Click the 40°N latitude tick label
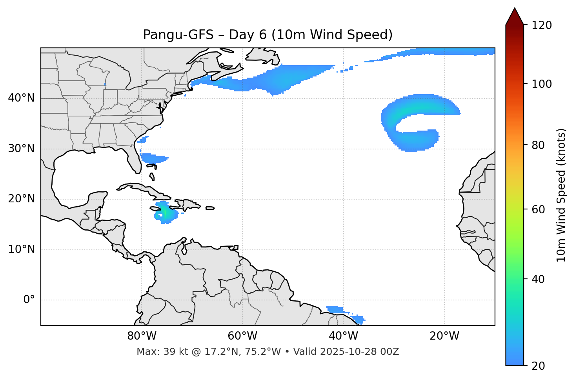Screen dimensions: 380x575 point(21,98)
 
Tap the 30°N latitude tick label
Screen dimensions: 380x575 point(21,149)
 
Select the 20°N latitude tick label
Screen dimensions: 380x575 point(21,199)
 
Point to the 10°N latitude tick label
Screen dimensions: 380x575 point(21,249)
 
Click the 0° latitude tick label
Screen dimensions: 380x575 point(29,300)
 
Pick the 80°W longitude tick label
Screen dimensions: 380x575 point(142,336)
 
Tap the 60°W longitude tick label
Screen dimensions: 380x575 point(242,336)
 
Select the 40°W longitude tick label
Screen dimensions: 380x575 point(344,336)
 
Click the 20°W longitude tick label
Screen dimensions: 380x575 point(444,336)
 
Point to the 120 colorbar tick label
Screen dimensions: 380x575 point(541,25)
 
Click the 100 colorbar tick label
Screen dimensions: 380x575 point(541,84)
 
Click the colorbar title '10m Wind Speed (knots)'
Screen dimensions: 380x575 point(561,195)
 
